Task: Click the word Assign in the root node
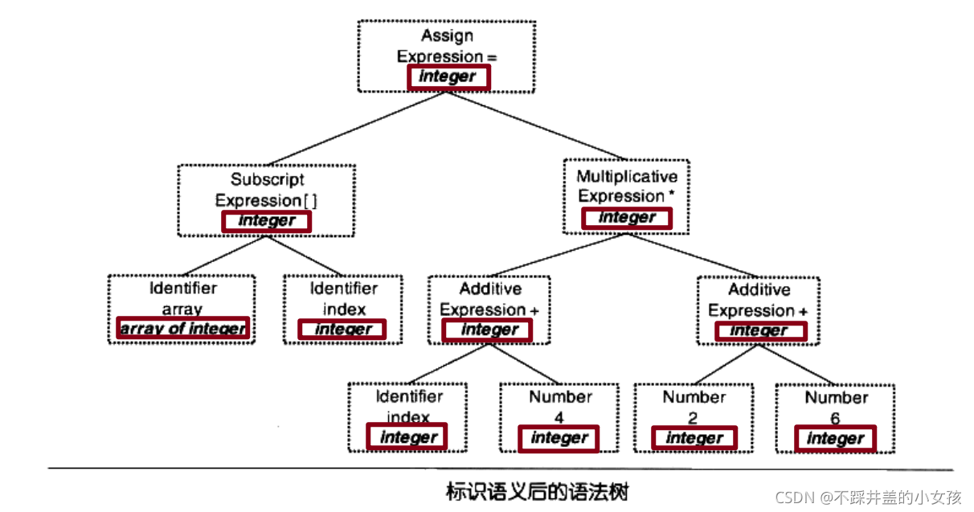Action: pos(447,35)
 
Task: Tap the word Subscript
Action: pos(267,180)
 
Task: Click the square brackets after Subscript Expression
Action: pos(310,201)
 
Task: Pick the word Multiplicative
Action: pos(627,177)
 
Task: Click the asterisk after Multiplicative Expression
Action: pos(671,194)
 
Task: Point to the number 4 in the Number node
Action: pos(559,418)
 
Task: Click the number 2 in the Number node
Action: pos(693,419)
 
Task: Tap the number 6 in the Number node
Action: pos(835,419)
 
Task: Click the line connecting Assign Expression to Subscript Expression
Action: pos(357,129)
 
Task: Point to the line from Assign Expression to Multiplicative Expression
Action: pos(536,125)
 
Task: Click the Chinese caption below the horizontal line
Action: pos(537,492)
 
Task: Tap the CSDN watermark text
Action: pos(868,498)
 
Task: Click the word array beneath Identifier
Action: pos(182,309)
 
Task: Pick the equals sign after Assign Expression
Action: pos(492,57)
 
